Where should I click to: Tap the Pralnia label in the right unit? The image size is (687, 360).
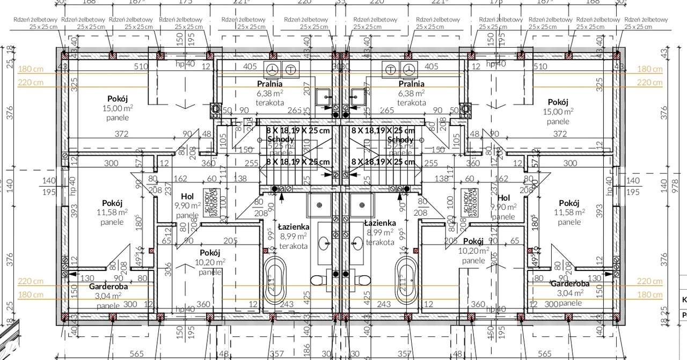click(x=412, y=84)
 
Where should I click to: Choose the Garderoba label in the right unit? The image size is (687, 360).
click(x=569, y=284)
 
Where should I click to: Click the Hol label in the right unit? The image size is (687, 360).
click(x=504, y=197)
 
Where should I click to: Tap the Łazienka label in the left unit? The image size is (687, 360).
click(x=293, y=226)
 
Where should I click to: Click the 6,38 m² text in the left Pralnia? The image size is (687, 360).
click(x=269, y=92)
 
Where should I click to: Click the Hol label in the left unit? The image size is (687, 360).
click(x=187, y=197)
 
